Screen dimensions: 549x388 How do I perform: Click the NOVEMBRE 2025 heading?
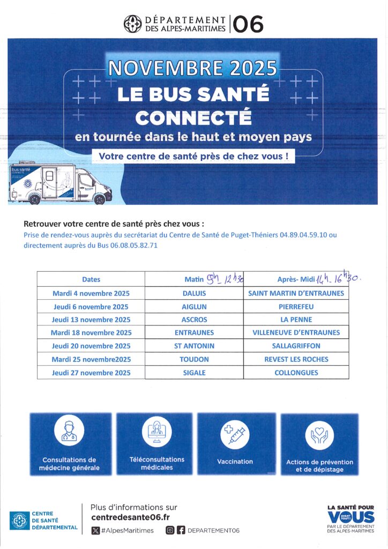pyautogui.click(x=193, y=68)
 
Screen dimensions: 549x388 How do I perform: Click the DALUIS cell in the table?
pyautogui.click(x=194, y=293)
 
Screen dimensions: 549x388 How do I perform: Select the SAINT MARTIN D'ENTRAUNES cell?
pyautogui.click(x=296, y=293)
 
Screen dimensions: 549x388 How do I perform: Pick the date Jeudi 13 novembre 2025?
pyautogui.click(x=91, y=320)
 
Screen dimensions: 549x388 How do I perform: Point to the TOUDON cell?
pyautogui.click(x=194, y=359)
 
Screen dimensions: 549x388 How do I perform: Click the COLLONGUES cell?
pyautogui.click(x=296, y=373)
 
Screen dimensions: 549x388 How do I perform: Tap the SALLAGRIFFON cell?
pyautogui.click(x=296, y=346)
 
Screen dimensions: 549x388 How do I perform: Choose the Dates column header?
pyautogui.click(x=91, y=279)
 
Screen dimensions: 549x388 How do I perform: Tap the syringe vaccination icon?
pyautogui.click(x=235, y=435)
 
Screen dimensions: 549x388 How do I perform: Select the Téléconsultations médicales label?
pyautogui.click(x=157, y=463)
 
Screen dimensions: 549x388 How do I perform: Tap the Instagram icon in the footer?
pyautogui.click(x=169, y=530)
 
